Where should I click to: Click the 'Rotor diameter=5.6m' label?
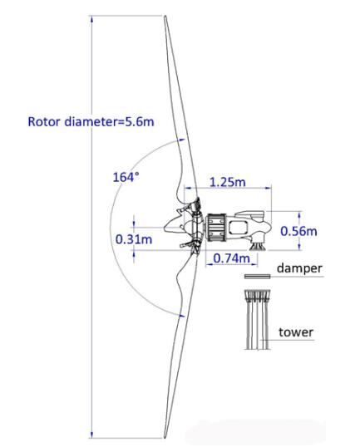(91, 122)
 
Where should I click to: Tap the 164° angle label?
(126, 177)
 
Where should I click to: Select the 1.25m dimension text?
(227, 182)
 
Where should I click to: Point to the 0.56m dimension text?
(298, 231)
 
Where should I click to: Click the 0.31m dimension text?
(134, 239)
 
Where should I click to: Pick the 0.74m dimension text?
(231, 258)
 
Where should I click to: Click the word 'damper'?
(299, 268)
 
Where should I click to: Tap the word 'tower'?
(296, 332)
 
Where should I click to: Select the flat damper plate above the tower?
(257, 276)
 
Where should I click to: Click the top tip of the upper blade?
(165, 16)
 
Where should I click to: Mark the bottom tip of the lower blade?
(165, 438)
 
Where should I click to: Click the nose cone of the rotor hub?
(170, 227)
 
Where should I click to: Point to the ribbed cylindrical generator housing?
(216, 228)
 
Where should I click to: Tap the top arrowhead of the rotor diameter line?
(91, 19)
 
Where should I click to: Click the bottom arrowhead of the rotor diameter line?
(91, 435)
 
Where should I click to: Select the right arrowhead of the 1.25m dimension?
(269, 188)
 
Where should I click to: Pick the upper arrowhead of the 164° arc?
(181, 140)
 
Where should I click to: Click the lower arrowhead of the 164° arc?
(181, 316)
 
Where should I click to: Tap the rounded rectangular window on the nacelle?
(238, 228)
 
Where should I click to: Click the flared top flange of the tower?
(257, 295)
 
